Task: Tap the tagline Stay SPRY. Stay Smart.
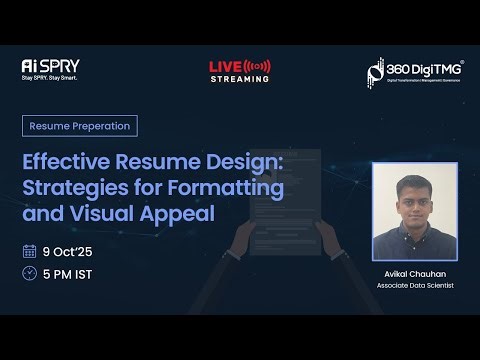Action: (x=49, y=77)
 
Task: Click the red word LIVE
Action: (x=225, y=66)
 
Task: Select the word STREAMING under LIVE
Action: (x=239, y=79)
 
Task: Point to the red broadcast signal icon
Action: (x=258, y=66)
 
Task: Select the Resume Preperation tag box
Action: (x=80, y=126)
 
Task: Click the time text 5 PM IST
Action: (x=69, y=273)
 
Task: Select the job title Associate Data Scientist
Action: (x=415, y=286)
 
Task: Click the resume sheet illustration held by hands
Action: (x=285, y=200)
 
